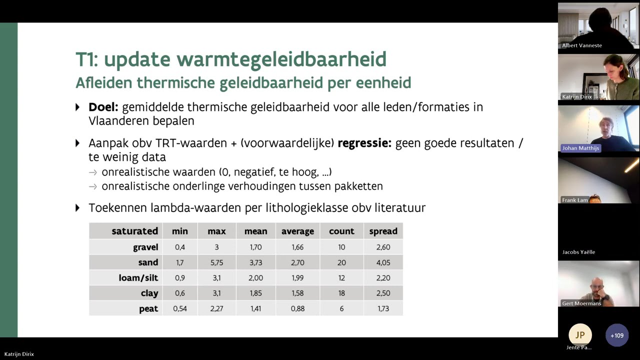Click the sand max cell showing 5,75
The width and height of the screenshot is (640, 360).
point(216,262)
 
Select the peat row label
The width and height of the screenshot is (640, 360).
point(148,308)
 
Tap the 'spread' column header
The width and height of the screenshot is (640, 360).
point(383,231)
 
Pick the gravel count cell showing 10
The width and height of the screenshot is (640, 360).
point(341,247)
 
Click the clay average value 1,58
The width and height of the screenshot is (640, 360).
point(297,293)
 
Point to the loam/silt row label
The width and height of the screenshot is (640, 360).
point(138,278)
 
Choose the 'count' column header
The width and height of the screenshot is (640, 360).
point(341,231)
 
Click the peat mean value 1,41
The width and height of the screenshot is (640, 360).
point(255,308)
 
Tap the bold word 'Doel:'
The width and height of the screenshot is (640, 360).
point(103,107)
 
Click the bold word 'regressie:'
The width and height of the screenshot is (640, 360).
point(364,143)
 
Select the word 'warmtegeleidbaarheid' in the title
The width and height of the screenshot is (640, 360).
point(245,59)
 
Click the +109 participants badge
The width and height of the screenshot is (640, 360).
point(616,335)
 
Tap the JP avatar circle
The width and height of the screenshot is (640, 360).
point(580,335)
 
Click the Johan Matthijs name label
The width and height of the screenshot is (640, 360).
point(580,148)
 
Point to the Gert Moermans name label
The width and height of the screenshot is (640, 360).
point(581,303)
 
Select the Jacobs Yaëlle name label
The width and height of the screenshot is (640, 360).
point(578,252)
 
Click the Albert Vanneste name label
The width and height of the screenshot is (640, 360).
point(581,45)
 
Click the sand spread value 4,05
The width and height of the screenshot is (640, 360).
point(383,262)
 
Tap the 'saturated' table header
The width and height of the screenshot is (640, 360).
point(134,231)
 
